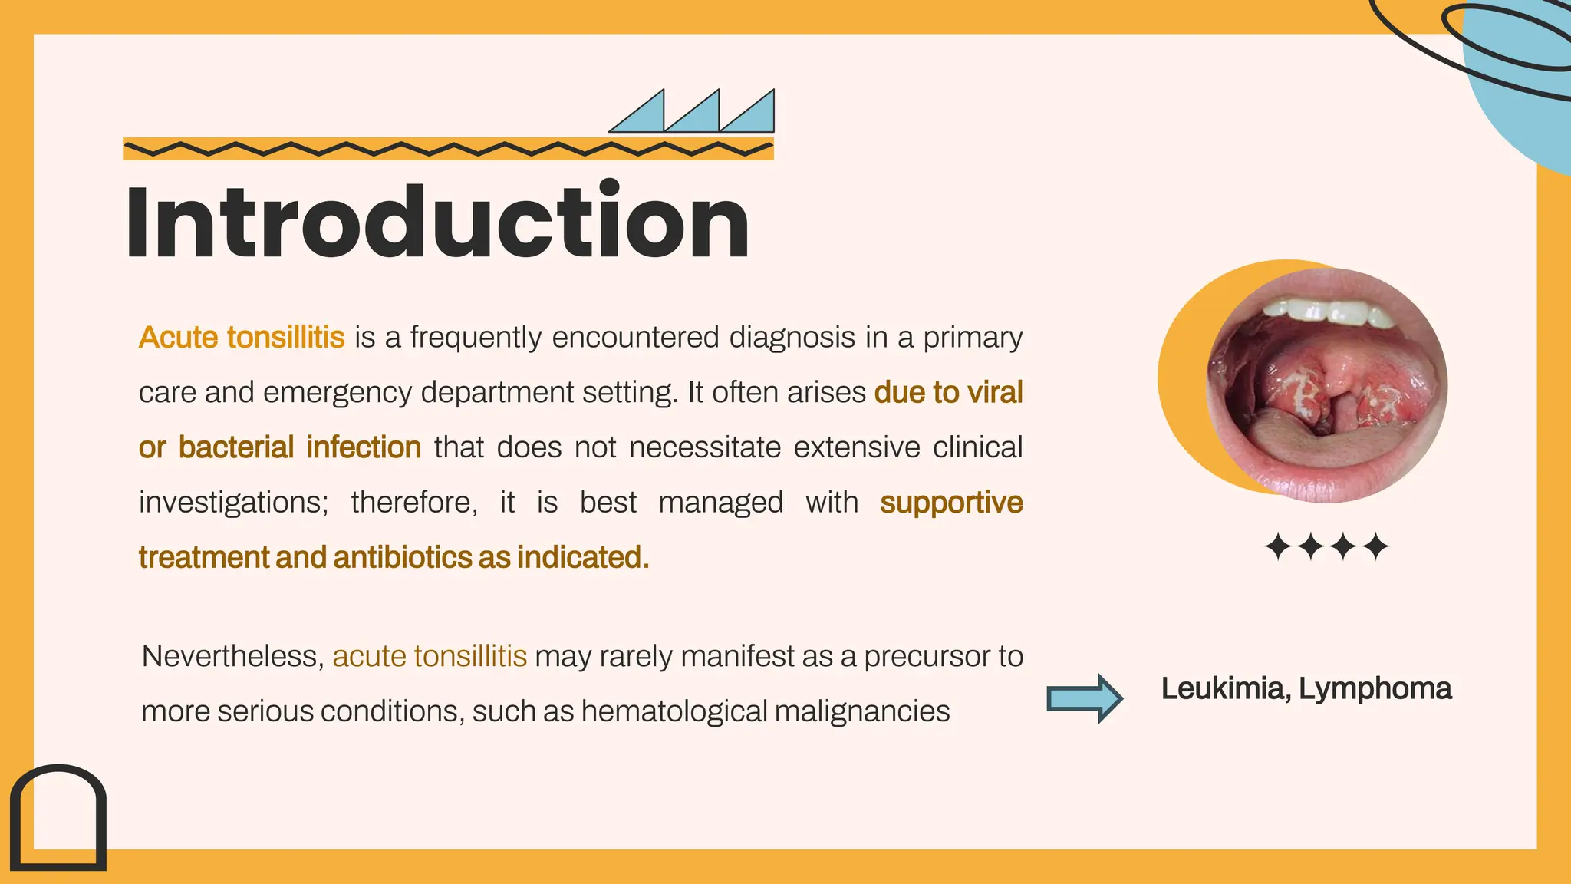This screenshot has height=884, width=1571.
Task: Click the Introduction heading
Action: pyautogui.click(x=437, y=223)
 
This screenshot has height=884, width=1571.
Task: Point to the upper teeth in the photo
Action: pyautogui.click(x=1327, y=312)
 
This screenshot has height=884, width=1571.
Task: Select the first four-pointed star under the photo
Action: pyautogui.click(x=1278, y=547)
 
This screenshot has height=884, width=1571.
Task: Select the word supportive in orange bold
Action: pyautogui.click(x=951, y=503)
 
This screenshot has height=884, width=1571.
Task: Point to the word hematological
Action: pyautogui.click(x=674, y=711)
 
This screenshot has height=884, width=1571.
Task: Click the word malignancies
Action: pyautogui.click(x=862, y=711)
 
